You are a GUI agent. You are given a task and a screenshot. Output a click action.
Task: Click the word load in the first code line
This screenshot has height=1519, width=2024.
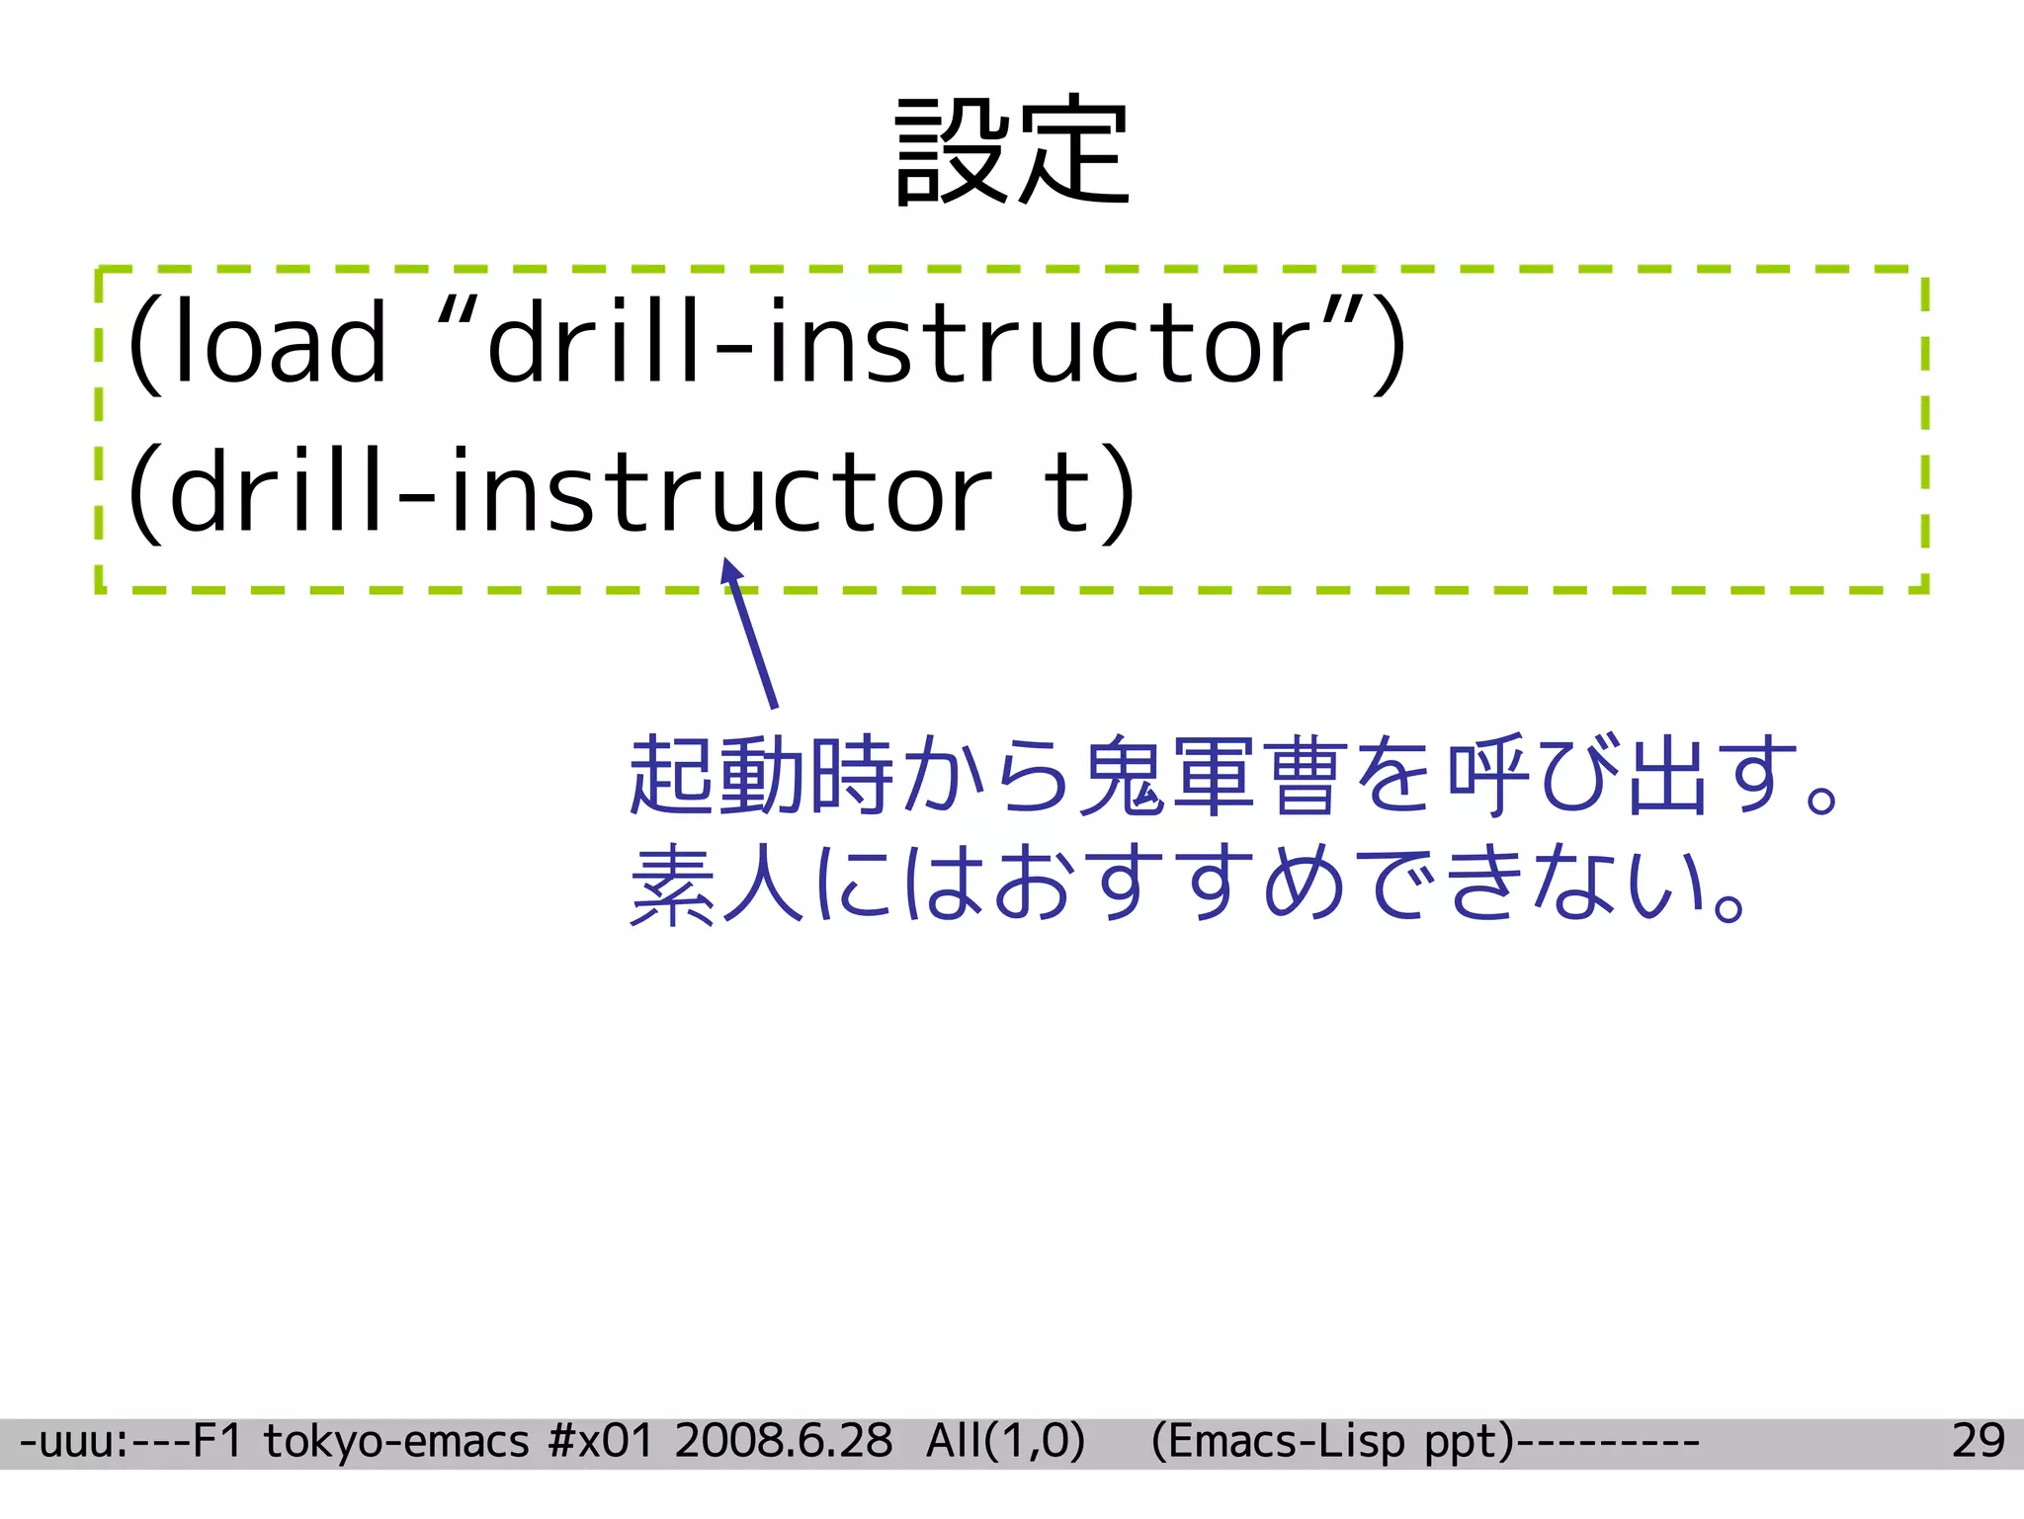pos(280,342)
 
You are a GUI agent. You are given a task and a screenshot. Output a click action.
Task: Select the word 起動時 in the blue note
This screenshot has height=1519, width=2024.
pos(762,776)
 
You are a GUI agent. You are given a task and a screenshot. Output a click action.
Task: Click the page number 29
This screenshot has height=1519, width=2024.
pos(1978,1441)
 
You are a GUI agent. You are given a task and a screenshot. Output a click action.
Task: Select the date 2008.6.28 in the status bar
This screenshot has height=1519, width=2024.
pos(783,1441)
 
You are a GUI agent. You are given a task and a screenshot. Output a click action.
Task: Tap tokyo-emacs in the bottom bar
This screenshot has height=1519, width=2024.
pos(396,1441)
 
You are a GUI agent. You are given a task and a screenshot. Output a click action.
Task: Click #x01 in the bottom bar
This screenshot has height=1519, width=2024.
pos(600,1441)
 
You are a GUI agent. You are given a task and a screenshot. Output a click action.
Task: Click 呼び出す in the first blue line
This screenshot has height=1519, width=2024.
pos(1621,776)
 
